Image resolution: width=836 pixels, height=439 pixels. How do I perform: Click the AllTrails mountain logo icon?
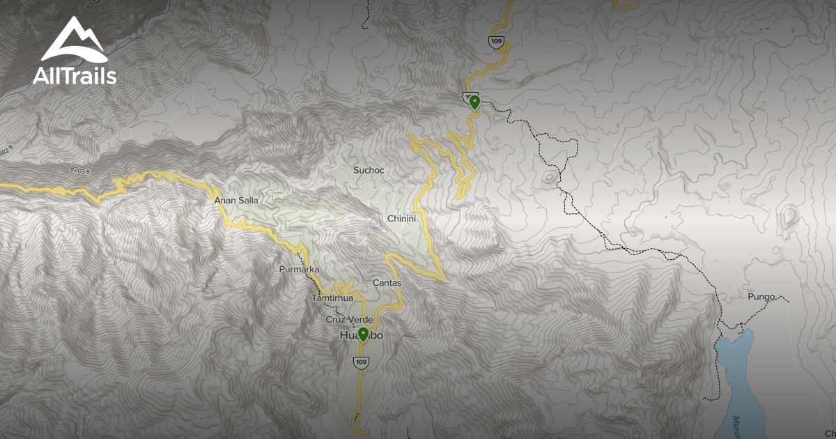74,40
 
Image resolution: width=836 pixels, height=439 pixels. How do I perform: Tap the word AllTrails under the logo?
74,75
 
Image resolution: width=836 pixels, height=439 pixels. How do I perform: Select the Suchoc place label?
369,170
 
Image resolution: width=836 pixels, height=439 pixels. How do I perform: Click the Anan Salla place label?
235,201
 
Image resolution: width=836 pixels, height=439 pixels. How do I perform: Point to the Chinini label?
401,219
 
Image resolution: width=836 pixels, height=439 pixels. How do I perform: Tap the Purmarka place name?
298,269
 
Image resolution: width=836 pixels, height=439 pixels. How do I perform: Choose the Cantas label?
387,283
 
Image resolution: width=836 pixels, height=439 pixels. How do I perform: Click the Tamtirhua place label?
333,298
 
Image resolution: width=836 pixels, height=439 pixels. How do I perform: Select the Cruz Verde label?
350,320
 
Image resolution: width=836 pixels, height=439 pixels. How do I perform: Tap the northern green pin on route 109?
474,103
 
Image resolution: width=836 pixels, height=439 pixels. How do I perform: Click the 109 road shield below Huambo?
360,362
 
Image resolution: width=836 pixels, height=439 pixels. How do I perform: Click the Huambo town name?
361,337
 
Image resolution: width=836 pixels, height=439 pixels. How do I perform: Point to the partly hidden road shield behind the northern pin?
468,96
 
